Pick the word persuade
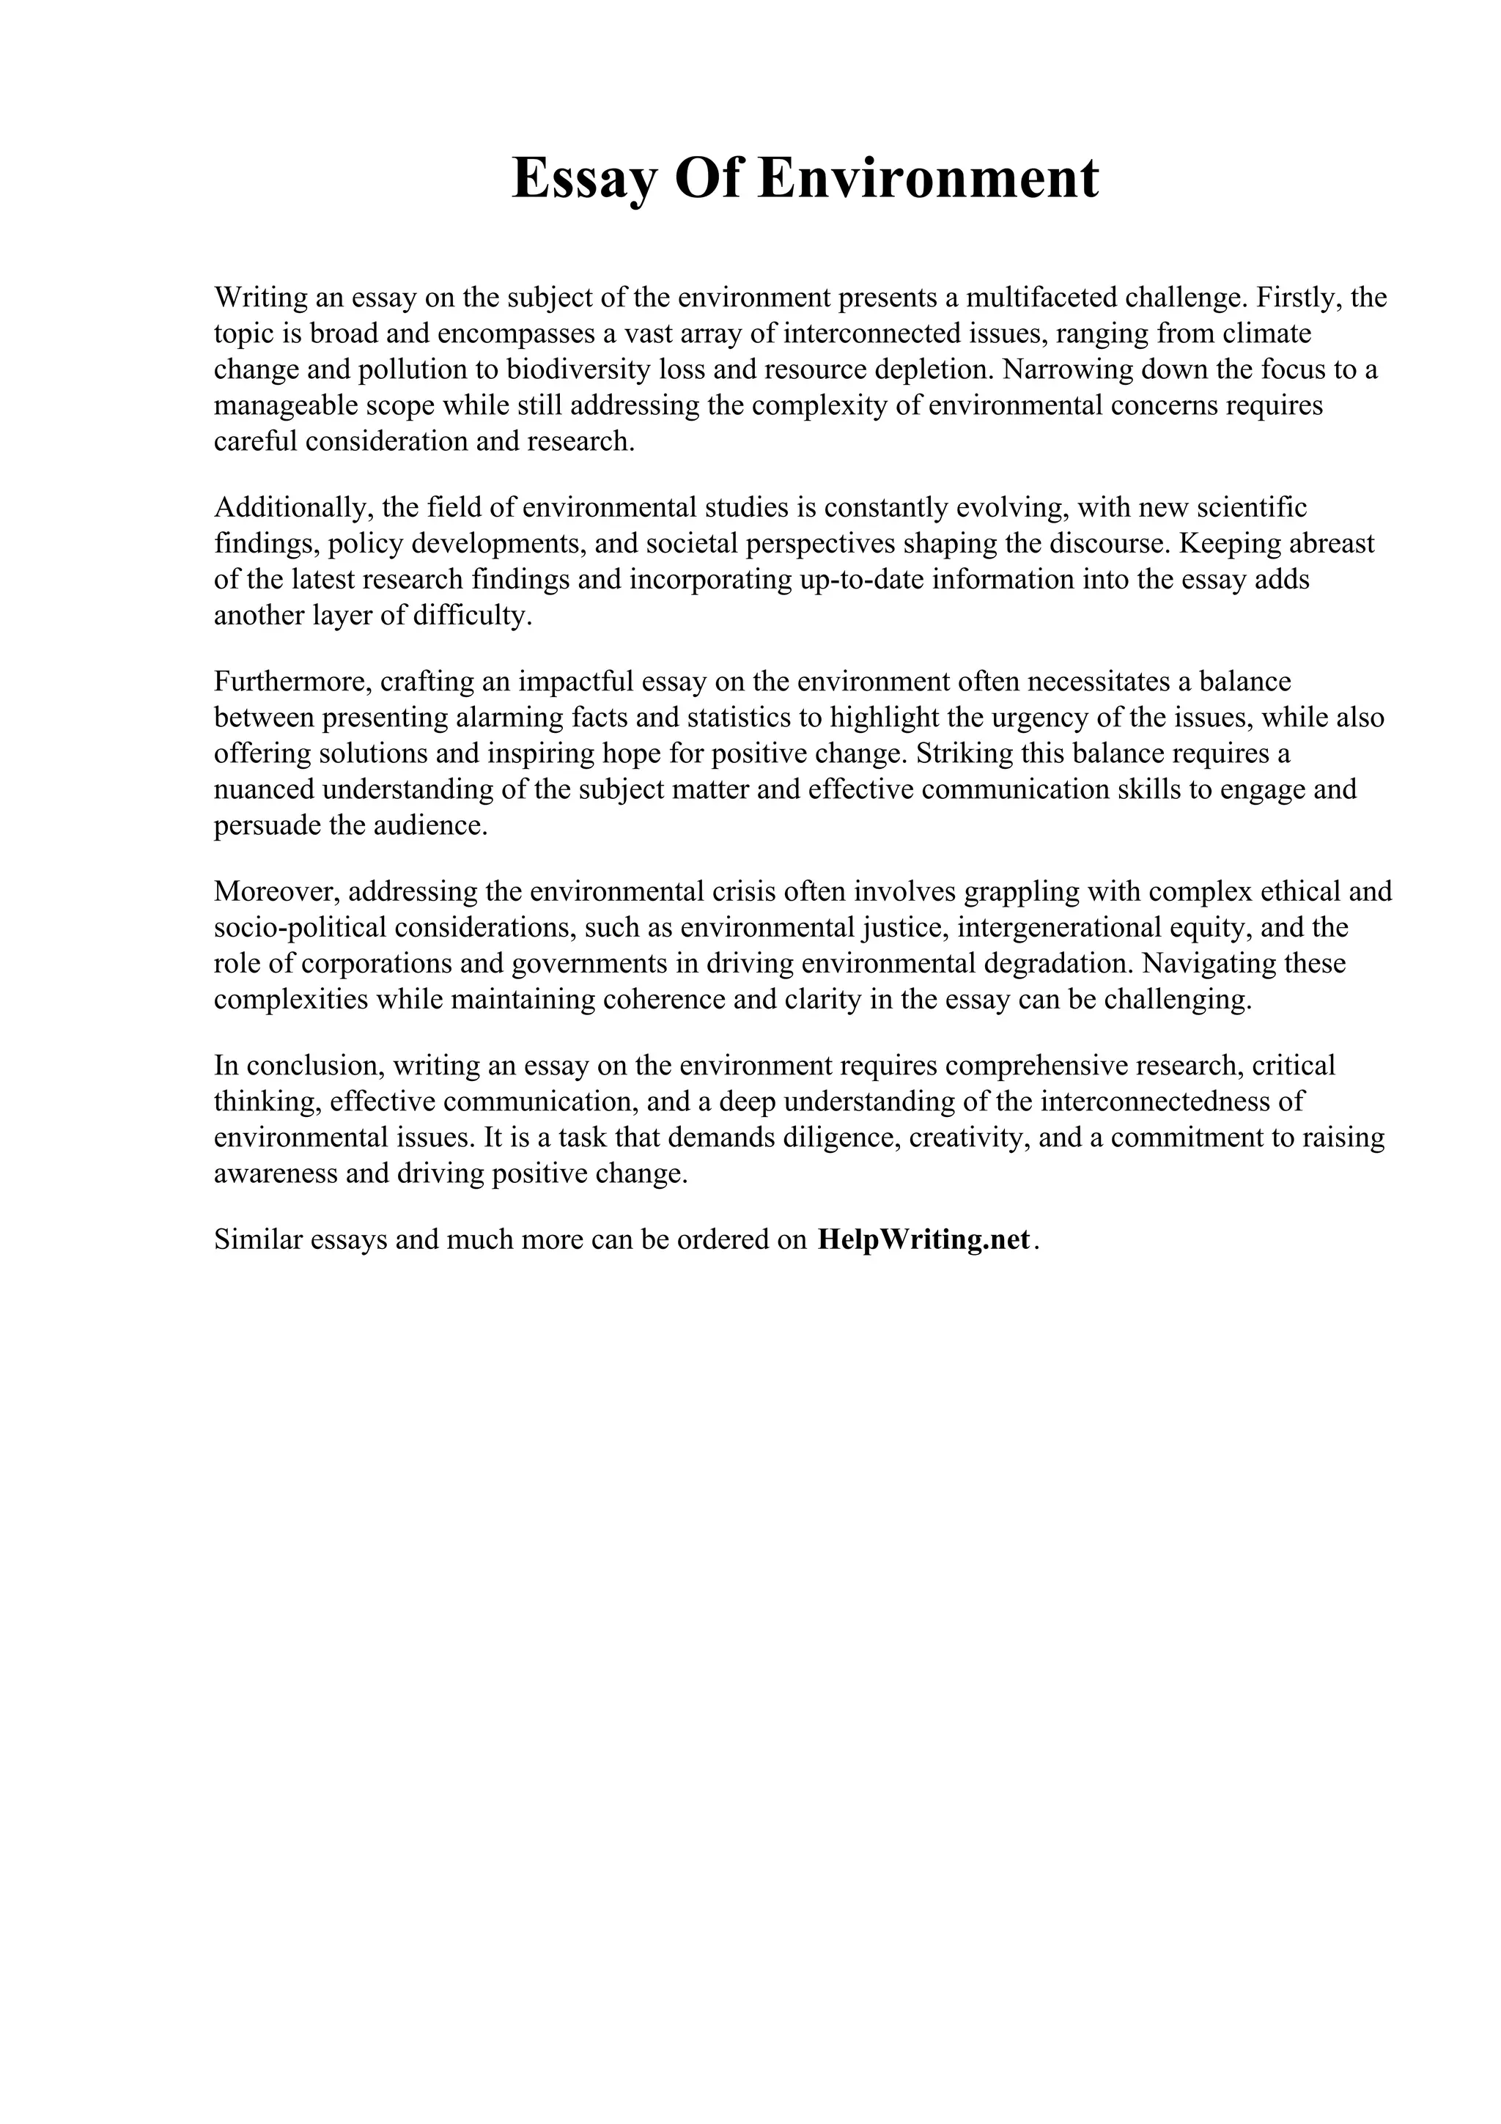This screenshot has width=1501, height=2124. click(268, 825)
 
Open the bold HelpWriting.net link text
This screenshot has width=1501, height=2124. click(923, 1239)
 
